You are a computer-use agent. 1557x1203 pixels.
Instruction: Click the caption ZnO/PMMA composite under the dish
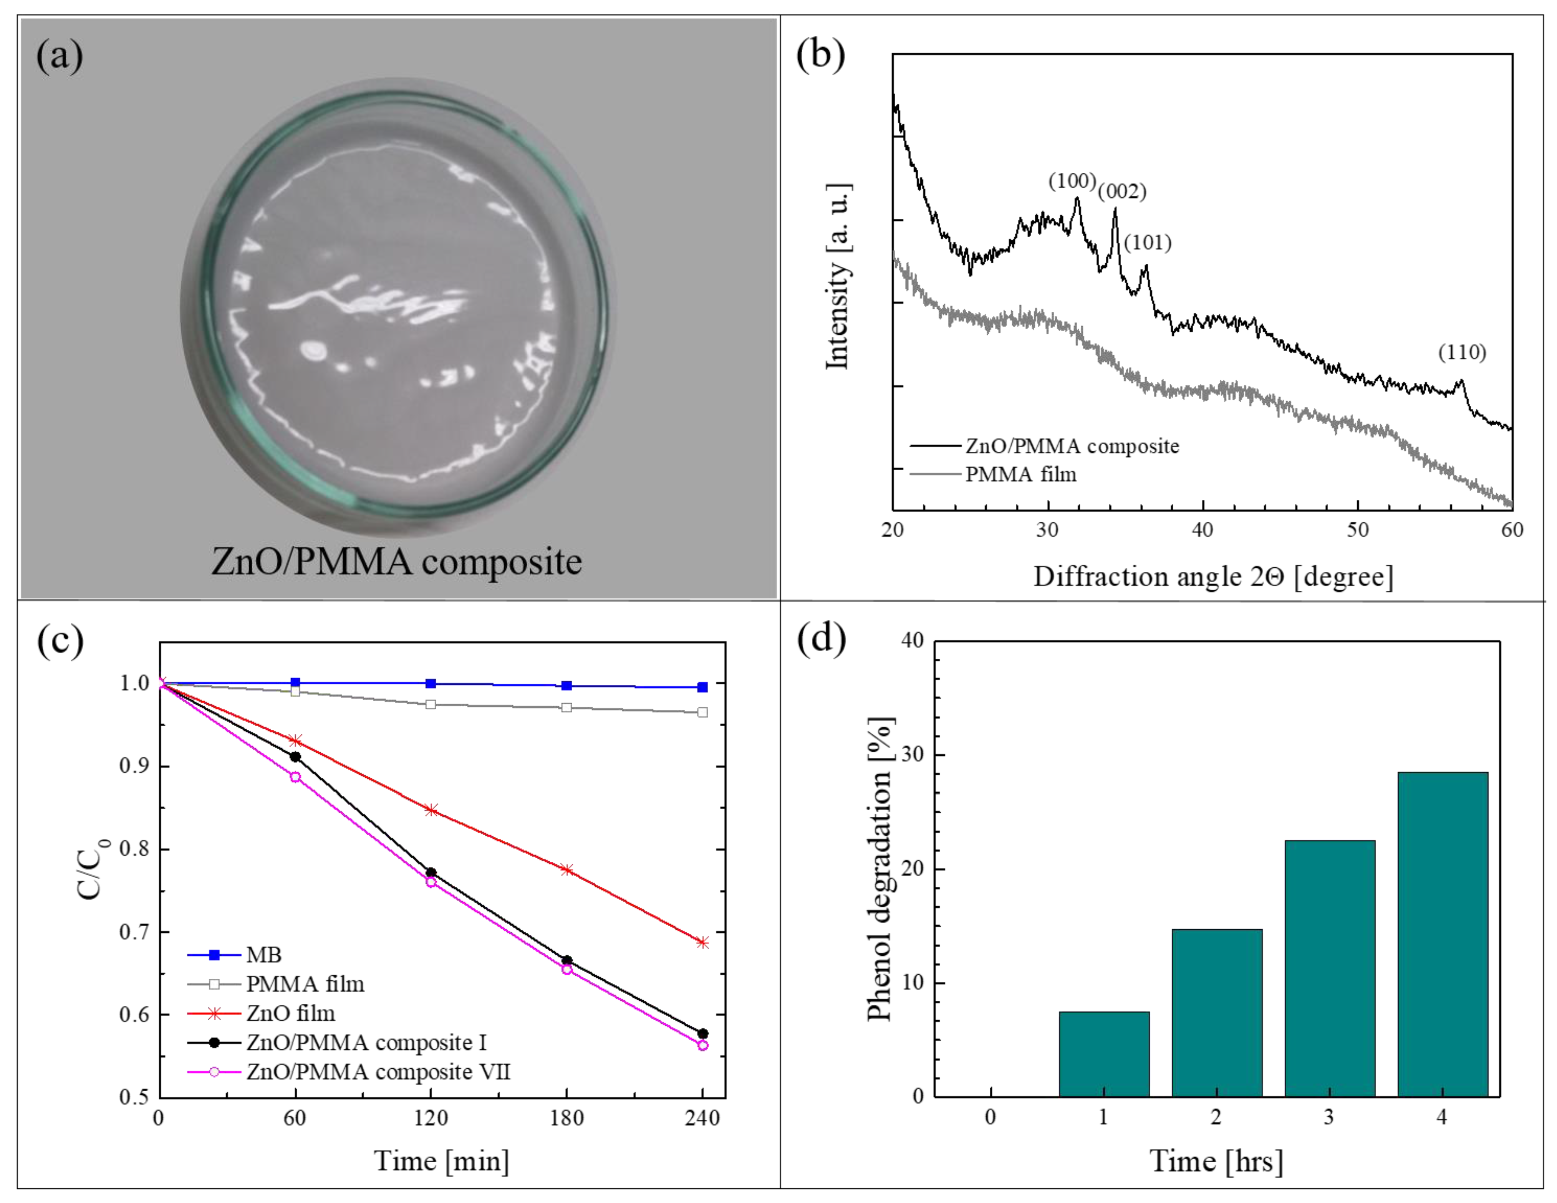pos(396,562)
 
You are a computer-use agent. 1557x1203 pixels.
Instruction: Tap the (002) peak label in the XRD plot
pos(1122,192)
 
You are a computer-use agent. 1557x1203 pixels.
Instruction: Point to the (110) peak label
pos(1461,352)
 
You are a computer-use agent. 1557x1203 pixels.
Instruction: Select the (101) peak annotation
pos(1148,243)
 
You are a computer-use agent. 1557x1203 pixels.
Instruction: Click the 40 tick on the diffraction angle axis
pos(1203,529)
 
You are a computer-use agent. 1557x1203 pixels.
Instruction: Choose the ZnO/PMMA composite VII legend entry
pos(378,1072)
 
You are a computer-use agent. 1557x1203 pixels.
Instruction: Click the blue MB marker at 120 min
pos(431,684)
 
